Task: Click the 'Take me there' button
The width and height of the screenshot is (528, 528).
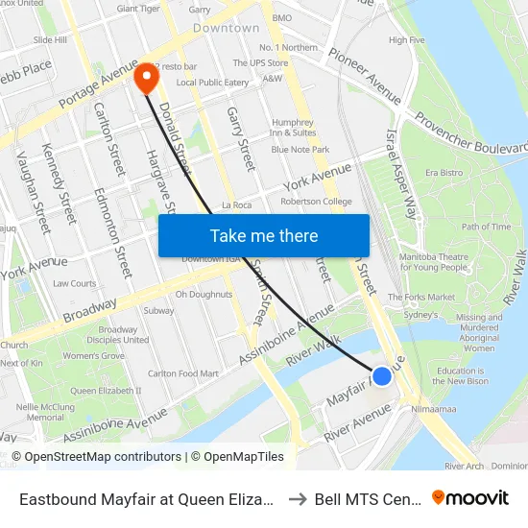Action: click(x=264, y=235)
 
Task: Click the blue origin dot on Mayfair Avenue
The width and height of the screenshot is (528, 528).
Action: click(x=382, y=376)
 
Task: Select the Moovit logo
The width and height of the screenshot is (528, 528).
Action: click(x=470, y=497)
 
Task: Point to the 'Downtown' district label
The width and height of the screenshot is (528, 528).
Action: click(x=227, y=29)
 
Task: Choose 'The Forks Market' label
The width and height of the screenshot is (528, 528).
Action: click(x=421, y=298)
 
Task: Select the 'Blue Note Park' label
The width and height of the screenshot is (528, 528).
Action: click(x=300, y=150)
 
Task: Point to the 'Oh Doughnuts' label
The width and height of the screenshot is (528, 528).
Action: click(x=204, y=294)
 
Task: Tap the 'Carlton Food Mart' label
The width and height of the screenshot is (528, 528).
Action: click(x=183, y=373)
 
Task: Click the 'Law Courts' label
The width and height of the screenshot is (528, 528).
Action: click(x=75, y=283)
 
